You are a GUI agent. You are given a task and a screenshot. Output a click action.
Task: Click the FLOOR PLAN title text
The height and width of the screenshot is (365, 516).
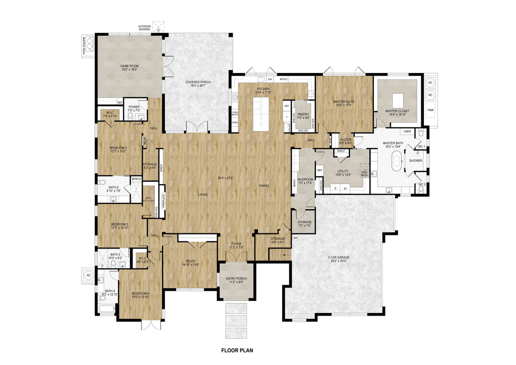(239, 349)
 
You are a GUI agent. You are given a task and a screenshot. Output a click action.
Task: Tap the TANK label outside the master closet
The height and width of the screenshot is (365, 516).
(430, 109)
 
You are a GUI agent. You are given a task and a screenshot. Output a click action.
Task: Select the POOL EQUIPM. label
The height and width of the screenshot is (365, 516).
(84, 45)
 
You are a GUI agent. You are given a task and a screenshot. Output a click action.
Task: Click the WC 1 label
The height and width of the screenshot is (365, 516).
(422, 147)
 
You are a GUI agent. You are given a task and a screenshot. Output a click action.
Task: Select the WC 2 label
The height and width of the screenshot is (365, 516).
(422, 185)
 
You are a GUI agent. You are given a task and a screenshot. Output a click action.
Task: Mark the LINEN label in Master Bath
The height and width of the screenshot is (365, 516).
(407, 132)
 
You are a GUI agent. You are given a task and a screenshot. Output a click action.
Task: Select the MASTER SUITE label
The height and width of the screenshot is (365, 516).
(344, 102)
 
